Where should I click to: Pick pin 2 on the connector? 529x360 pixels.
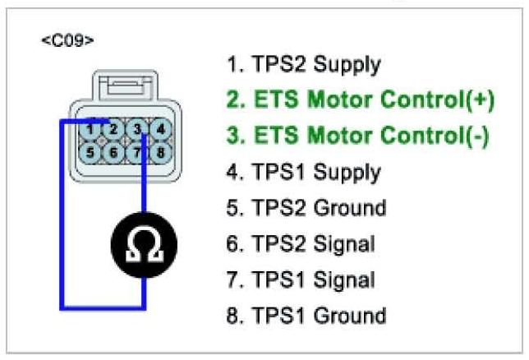[116, 128]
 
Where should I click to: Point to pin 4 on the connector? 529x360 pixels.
[161, 128]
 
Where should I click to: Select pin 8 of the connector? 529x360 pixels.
[161, 152]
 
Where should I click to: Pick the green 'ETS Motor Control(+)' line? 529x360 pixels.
[360, 99]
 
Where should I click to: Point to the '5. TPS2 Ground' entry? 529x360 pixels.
[306, 207]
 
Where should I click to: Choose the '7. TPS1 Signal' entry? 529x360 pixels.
[300, 279]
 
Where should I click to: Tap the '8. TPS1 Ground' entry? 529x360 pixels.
[306, 316]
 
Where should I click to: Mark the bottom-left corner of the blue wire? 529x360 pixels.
[62, 308]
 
